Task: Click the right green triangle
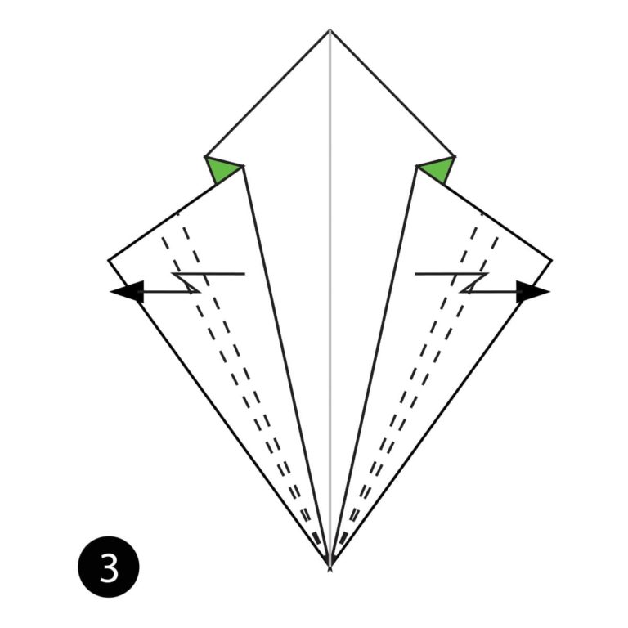coord(437,170)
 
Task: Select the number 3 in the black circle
coord(109,567)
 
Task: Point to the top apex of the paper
coord(330,30)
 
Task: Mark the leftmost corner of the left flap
coord(109,260)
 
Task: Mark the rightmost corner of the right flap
coord(551,261)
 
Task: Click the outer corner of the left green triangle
coord(205,156)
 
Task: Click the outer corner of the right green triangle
coord(455,156)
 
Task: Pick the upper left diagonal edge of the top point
coord(267,93)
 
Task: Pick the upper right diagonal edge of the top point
coord(392,93)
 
